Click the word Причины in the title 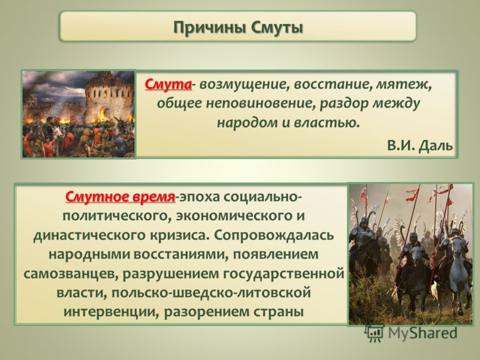pos(210,28)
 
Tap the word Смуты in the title pos(277,28)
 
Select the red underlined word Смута pos(169,84)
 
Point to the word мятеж pos(403,84)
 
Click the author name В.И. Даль pos(420,145)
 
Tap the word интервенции pos(112,312)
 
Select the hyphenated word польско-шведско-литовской pos(211,293)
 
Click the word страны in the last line pos(278,312)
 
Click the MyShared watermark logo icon pos(374,333)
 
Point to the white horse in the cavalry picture pos(458,269)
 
